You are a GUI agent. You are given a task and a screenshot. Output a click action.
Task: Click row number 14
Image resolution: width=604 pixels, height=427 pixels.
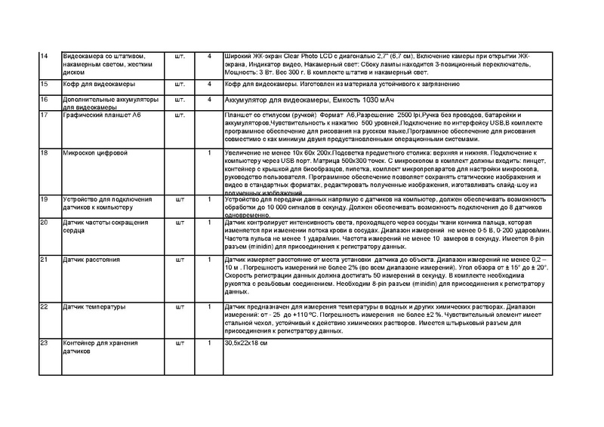tap(44, 57)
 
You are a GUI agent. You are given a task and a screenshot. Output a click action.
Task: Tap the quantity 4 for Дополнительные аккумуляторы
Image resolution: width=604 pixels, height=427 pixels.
tap(208, 100)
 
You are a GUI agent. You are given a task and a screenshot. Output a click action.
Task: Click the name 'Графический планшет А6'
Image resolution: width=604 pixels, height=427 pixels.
tap(100, 115)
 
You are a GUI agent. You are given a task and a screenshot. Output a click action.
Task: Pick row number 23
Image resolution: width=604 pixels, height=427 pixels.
tap(44, 343)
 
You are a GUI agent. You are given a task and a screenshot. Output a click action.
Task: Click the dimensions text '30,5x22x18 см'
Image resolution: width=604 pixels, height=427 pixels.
tap(247, 344)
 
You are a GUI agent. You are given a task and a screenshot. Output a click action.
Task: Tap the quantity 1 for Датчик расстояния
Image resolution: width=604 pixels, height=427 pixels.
tap(208, 260)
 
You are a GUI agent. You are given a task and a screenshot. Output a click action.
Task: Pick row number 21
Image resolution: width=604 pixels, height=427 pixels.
tap(44, 260)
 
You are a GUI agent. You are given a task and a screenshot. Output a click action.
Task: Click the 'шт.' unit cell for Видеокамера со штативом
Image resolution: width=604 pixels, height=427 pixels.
tap(180, 57)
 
